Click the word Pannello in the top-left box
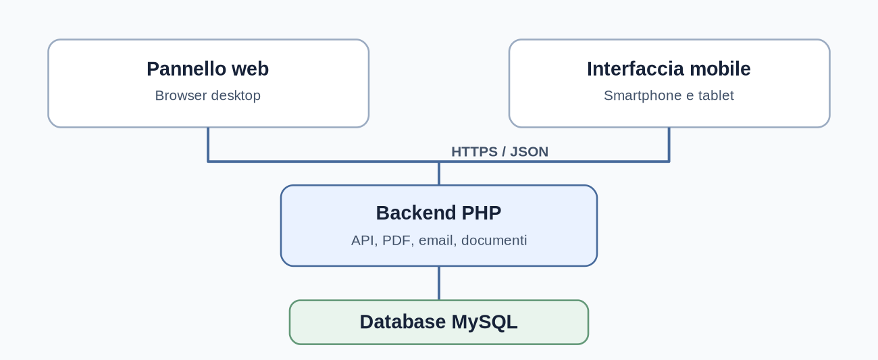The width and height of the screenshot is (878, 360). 186,69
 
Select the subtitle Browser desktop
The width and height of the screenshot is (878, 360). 208,96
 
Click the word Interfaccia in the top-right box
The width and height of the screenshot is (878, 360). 636,69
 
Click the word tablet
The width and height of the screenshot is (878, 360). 716,96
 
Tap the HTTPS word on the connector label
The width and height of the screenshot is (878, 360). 474,152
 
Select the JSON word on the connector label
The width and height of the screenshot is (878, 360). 529,152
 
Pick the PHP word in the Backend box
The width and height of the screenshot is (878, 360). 482,213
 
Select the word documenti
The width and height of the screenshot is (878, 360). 494,240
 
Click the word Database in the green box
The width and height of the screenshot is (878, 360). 403,322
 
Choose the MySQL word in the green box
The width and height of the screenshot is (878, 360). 484,323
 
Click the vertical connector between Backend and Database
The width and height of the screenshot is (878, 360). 439,283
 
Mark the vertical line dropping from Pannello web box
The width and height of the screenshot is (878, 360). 208,145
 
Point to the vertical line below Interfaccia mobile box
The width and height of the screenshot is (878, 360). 669,145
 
